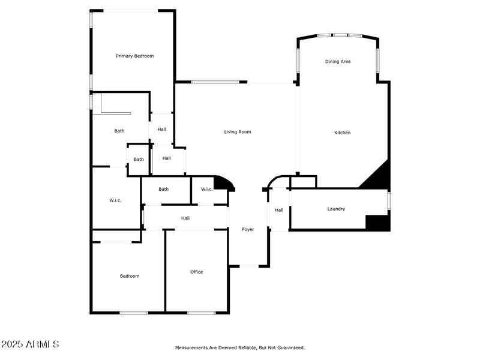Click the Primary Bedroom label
134,56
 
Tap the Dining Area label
338,61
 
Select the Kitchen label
342,133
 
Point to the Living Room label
238,132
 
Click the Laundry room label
336,209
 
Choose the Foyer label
248,229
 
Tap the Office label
196,272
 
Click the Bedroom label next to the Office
130,276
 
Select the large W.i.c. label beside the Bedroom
115,200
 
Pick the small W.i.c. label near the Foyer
206,189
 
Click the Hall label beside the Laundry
279,210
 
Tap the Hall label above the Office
185,218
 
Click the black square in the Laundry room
377,223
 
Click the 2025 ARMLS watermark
30,344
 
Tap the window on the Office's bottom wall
201,313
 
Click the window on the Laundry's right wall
389,200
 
